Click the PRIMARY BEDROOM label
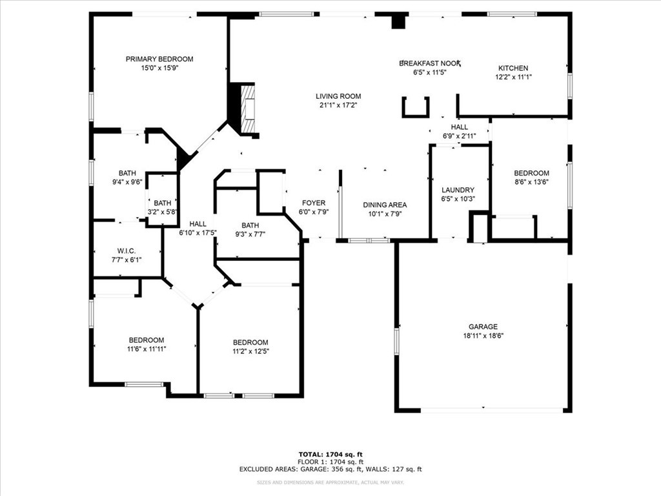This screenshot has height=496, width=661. point(159,59)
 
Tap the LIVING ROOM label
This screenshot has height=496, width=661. point(338,96)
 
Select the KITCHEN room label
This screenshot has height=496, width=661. point(513,68)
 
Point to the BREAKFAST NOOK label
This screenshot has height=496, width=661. point(431,63)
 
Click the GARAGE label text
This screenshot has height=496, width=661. point(483,327)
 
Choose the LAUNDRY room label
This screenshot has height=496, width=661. point(458,190)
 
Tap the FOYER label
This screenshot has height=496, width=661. point(314,203)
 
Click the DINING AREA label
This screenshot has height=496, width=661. point(385,205)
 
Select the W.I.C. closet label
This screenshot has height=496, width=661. point(127,251)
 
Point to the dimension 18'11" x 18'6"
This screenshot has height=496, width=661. point(483,336)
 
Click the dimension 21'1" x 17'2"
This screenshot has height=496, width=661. point(338,105)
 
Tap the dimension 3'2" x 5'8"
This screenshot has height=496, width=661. point(163,211)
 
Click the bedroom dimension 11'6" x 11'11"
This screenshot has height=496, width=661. point(146,349)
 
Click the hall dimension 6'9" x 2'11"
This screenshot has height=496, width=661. point(460,136)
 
